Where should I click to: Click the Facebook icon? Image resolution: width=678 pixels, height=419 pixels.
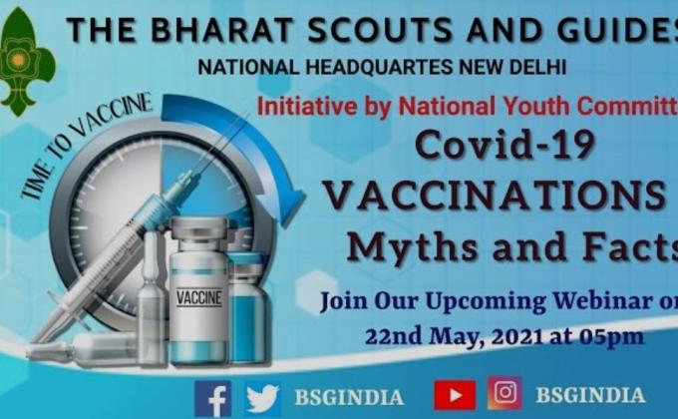pyautogui.click(x=213, y=397)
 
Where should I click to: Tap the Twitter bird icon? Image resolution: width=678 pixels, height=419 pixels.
pyautogui.click(x=262, y=397)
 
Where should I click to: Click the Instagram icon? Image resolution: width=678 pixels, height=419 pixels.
pyautogui.click(x=505, y=394)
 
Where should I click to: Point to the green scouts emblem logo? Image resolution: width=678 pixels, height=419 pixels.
pyautogui.click(x=26, y=62)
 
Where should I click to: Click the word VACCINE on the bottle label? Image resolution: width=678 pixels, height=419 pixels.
pyautogui.click(x=198, y=297)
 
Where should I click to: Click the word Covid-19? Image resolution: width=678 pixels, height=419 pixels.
pyautogui.click(x=505, y=145)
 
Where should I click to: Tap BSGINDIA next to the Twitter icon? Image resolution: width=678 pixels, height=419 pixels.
pyautogui.click(x=349, y=397)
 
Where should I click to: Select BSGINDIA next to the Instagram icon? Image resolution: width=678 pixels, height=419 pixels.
pyautogui.click(x=589, y=395)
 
